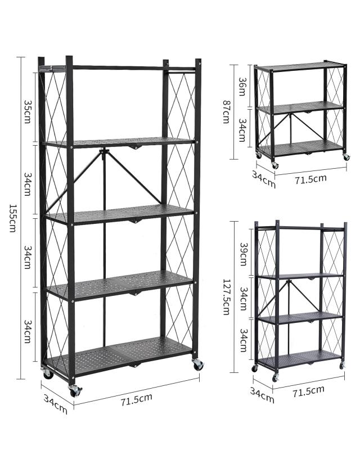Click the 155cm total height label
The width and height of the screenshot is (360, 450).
click(12, 218)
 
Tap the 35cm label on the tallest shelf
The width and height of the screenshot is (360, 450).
click(27, 111)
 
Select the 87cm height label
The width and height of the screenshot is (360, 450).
click(227, 111)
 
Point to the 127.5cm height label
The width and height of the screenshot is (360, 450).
click(227, 297)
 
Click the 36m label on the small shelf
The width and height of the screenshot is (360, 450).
click(242, 86)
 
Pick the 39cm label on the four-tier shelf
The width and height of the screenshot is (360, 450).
click(244, 254)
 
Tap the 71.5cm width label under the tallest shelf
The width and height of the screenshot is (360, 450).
click(136, 399)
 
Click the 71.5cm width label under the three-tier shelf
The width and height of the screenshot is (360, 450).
click(310, 179)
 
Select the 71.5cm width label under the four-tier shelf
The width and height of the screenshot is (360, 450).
click(309, 391)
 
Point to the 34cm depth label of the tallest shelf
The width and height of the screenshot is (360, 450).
click(56, 404)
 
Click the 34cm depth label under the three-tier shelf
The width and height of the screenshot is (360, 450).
click(264, 179)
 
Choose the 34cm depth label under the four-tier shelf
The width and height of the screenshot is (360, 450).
click(262, 395)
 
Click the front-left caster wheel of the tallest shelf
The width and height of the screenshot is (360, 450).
click(75, 390)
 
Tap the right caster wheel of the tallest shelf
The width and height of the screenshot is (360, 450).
click(198, 364)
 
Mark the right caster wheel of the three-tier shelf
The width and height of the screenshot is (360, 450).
click(346, 157)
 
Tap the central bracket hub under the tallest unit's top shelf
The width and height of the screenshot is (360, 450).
click(103, 151)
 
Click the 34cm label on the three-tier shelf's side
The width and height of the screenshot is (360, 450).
click(242, 130)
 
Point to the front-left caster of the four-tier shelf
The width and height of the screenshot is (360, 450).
click(276, 378)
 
